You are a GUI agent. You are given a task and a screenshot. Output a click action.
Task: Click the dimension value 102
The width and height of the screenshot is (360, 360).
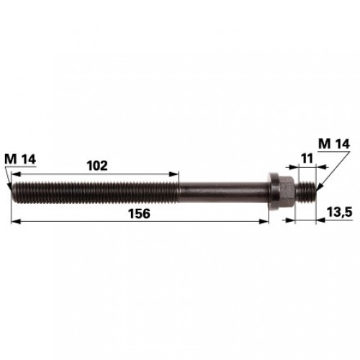[97, 166]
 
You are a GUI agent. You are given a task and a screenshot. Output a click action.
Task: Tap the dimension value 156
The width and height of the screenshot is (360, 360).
[139, 214]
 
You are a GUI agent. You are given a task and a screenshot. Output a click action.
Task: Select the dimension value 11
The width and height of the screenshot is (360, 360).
[307, 158]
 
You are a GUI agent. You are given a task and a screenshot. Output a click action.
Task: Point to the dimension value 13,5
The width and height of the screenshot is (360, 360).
[339, 212]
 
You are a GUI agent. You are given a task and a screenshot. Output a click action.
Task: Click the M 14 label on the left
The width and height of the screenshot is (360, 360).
[20, 159]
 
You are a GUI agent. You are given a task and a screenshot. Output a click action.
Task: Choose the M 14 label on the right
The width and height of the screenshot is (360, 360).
[334, 144]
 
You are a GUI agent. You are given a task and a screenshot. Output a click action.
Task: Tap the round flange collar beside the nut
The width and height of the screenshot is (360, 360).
[274, 192]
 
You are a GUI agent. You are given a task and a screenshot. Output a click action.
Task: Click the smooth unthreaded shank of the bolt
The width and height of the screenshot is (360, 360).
[223, 192]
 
